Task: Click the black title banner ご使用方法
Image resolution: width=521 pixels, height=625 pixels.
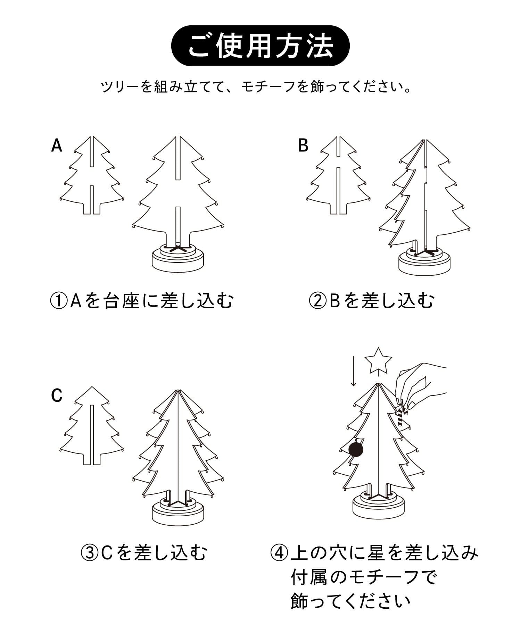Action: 260,46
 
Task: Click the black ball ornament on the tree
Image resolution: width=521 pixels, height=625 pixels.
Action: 356,449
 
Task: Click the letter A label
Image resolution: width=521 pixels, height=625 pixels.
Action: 57,145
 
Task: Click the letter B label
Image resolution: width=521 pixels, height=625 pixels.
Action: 303,145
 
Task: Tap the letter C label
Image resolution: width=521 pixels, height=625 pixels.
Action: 57,395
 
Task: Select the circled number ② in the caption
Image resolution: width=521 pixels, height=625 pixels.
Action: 317,301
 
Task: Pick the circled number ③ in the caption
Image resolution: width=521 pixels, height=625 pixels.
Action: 89,552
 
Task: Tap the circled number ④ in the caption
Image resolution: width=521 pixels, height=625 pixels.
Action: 279,552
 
